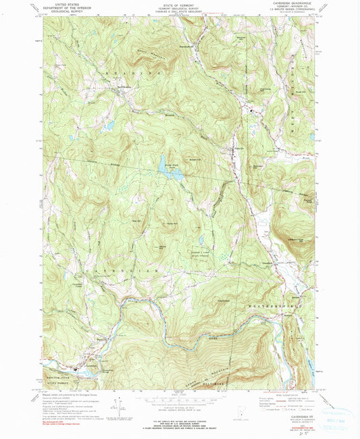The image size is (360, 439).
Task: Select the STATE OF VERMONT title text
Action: [x=180, y=4]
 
